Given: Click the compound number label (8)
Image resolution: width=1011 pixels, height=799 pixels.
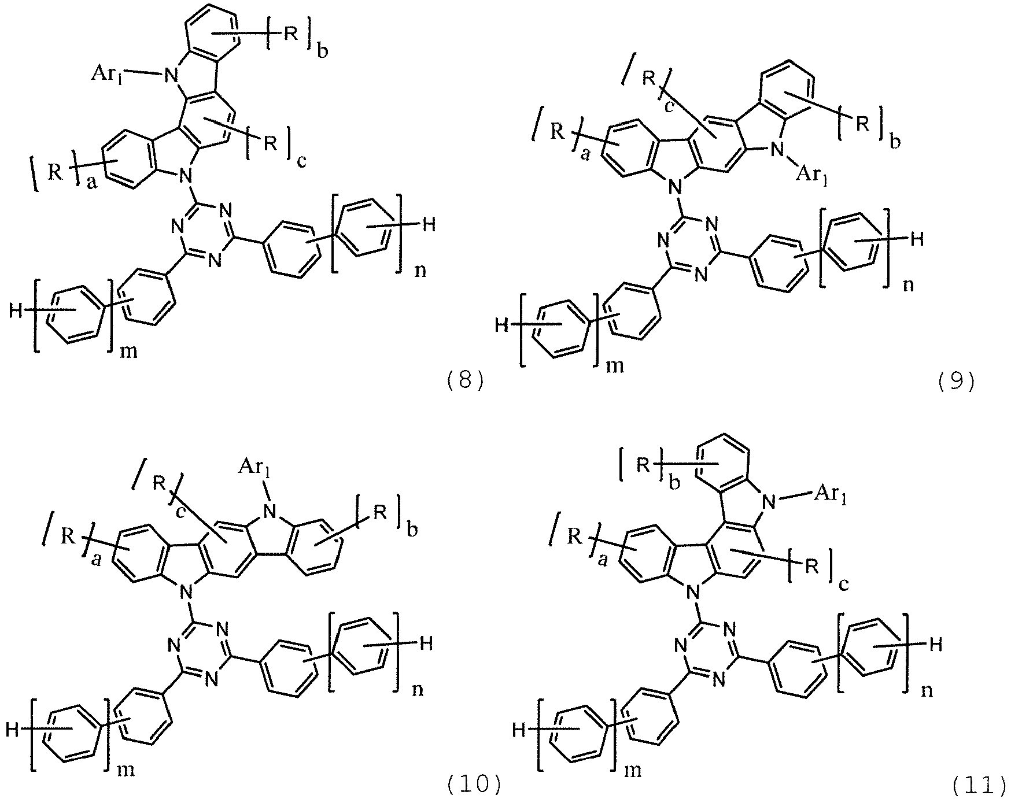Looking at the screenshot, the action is click(465, 382).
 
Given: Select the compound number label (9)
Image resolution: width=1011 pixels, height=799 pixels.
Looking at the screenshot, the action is click(956, 382).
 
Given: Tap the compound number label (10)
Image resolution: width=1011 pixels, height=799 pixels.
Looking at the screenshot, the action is click(473, 783).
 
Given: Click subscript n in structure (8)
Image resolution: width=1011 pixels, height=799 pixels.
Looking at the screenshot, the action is click(420, 271).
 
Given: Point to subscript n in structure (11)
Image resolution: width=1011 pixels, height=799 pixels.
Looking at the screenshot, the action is click(926, 690).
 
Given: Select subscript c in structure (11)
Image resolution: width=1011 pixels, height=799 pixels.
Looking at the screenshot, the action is click(843, 585).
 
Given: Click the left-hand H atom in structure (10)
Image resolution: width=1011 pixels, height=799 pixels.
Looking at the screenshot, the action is click(12, 730).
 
